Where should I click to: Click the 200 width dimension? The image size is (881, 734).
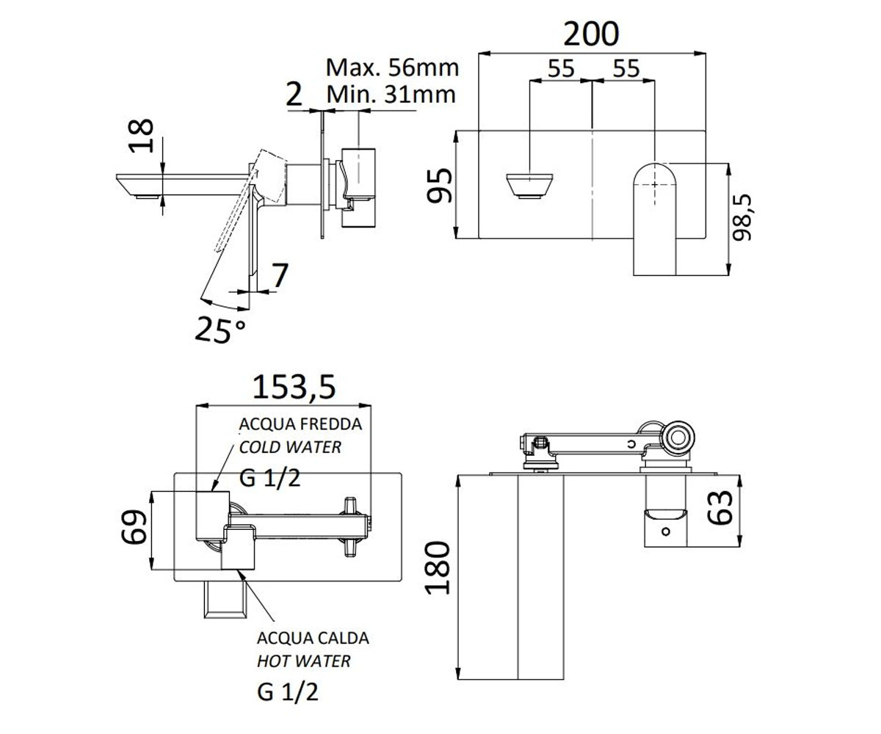point(591,34)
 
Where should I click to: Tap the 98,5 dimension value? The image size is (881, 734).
point(742,217)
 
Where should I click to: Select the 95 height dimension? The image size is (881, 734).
point(440,186)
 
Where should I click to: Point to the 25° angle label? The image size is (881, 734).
point(220,330)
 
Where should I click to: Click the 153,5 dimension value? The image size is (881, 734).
point(294,387)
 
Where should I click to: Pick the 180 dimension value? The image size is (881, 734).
point(438,568)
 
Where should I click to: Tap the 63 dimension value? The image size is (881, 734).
point(720,507)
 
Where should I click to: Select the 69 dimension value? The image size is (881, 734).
point(134,527)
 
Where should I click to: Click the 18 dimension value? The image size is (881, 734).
point(140,135)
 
